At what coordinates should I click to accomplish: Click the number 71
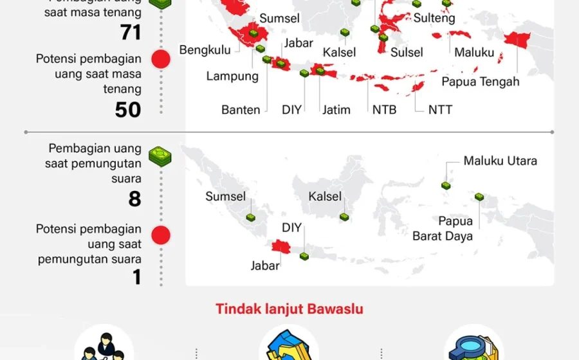click(130, 32)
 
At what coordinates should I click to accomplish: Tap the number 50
click(128, 110)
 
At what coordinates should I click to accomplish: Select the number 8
click(134, 199)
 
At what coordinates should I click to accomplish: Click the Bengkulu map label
click(205, 50)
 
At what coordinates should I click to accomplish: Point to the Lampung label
click(232, 76)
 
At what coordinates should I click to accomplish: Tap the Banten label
click(241, 110)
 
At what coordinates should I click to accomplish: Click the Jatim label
click(336, 110)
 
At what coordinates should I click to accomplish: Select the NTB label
click(384, 110)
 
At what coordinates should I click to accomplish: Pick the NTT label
click(440, 110)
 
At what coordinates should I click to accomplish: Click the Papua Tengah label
click(480, 82)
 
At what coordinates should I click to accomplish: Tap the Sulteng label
click(434, 19)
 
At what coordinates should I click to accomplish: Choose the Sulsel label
click(407, 53)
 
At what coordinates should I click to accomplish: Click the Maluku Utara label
click(500, 161)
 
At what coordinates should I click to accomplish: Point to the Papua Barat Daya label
click(443, 229)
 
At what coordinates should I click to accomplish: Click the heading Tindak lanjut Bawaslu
click(289, 309)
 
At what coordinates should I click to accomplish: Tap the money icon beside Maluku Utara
click(446, 185)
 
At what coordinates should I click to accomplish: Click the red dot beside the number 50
click(160, 60)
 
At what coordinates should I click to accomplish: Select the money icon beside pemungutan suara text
click(160, 156)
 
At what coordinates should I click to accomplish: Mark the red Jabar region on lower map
click(281, 246)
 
